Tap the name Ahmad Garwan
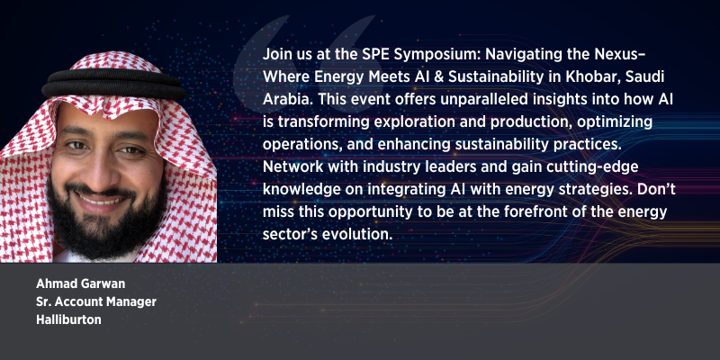tap(80, 283)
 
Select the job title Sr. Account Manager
tap(96, 301)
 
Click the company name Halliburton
tap(68, 319)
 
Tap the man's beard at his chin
tap(104, 238)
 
